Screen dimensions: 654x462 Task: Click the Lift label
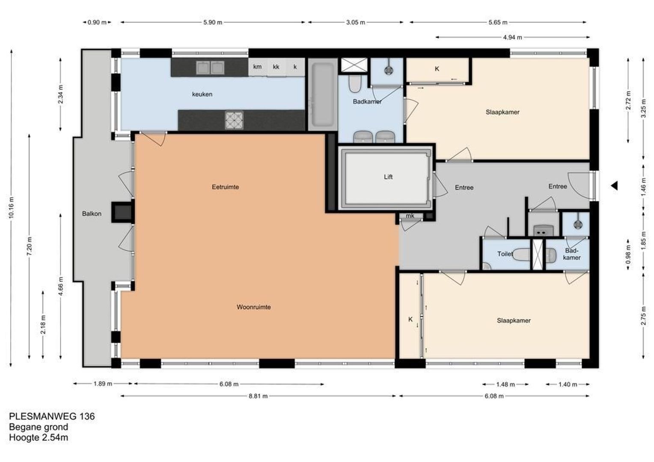(388, 177)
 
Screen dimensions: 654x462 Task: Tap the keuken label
(202, 94)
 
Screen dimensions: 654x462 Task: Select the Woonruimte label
(254, 307)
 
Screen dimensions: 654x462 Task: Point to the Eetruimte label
(226, 187)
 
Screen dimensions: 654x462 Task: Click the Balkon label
(92, 213)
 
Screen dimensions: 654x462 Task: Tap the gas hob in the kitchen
(234, 121)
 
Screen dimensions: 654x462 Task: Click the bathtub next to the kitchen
(323, 94)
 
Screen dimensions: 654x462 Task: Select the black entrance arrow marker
(614, 186)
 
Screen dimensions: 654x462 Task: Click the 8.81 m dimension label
(258, 396)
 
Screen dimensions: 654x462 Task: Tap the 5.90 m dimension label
(213, 23)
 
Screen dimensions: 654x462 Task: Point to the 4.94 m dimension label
(513, 37)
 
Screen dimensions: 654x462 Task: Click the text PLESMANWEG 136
(52, 416)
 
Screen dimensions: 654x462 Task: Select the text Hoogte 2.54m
(39, 438)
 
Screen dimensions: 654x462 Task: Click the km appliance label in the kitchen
(257, 67)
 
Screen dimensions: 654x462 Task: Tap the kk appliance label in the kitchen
(276, 67)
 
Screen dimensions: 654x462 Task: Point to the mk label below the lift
(410, 216)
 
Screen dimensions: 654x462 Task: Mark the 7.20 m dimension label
(29, 247)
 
